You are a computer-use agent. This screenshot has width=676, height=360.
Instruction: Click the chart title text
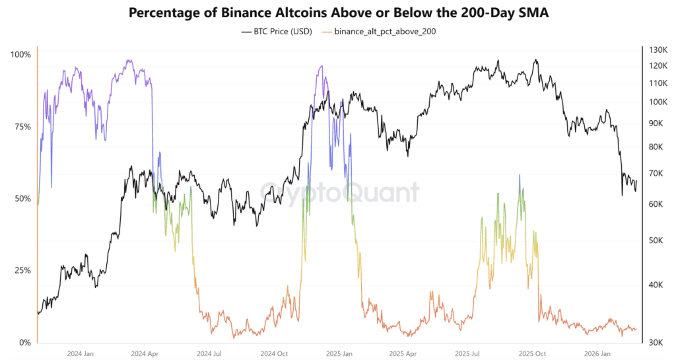click(x=337, y=13)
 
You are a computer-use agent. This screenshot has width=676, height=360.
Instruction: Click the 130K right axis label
click(x=659, y=50)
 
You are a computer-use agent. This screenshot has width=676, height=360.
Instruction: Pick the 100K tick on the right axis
click(x=659, y=102)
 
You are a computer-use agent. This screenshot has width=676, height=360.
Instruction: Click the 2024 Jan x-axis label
click(x=79, y=353)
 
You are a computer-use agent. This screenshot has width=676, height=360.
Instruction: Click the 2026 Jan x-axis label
click(x=596, y=353)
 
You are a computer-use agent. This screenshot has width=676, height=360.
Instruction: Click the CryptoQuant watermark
click(x=339, y=192)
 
